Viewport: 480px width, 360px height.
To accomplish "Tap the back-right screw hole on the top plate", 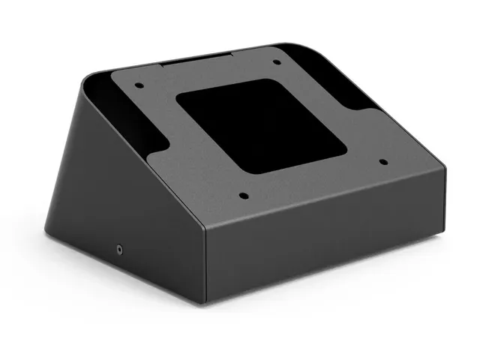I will pos(274,62).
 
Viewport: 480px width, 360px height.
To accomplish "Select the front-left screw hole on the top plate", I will pos(243,196).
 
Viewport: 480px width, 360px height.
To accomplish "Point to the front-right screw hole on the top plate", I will pos(382,160).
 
